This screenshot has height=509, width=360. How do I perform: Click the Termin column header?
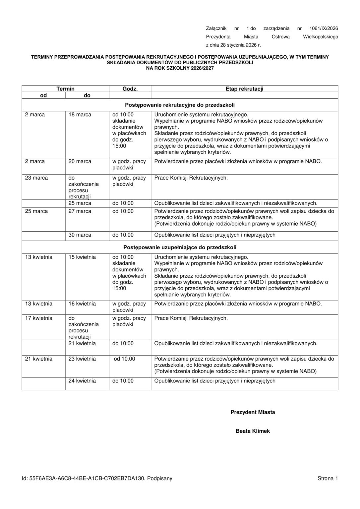tap(65, 89)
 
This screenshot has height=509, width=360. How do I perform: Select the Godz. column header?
tap(130, 89)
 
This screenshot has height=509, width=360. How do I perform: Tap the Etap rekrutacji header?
tap(244, 89)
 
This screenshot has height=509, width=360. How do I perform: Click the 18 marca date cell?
tap(80, 115)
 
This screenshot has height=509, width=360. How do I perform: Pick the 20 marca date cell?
tap(80, 161)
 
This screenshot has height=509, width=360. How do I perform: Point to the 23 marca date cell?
tap(36, 178)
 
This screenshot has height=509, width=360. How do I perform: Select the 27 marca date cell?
tap(80, 211)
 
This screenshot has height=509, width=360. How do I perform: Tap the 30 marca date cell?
tap(80, 235)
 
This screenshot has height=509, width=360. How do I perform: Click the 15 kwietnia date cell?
tap(82, 257)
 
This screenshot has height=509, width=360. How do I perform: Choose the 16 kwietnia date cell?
tap(82, 304)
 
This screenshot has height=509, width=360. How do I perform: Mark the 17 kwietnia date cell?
tap(39, 318)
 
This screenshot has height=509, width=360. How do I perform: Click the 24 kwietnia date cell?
tap(82, 381)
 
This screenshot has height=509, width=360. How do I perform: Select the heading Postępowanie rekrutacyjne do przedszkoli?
tap(180, 105)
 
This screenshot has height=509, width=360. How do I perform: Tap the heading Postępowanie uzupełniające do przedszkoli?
tap(180, 248)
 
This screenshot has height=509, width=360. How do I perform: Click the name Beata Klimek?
tap(253, 431)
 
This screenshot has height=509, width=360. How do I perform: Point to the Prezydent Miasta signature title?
tap(253, 412)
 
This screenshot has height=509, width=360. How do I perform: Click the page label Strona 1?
tap(328, 478)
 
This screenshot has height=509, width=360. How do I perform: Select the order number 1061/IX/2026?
tap(324, 28)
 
